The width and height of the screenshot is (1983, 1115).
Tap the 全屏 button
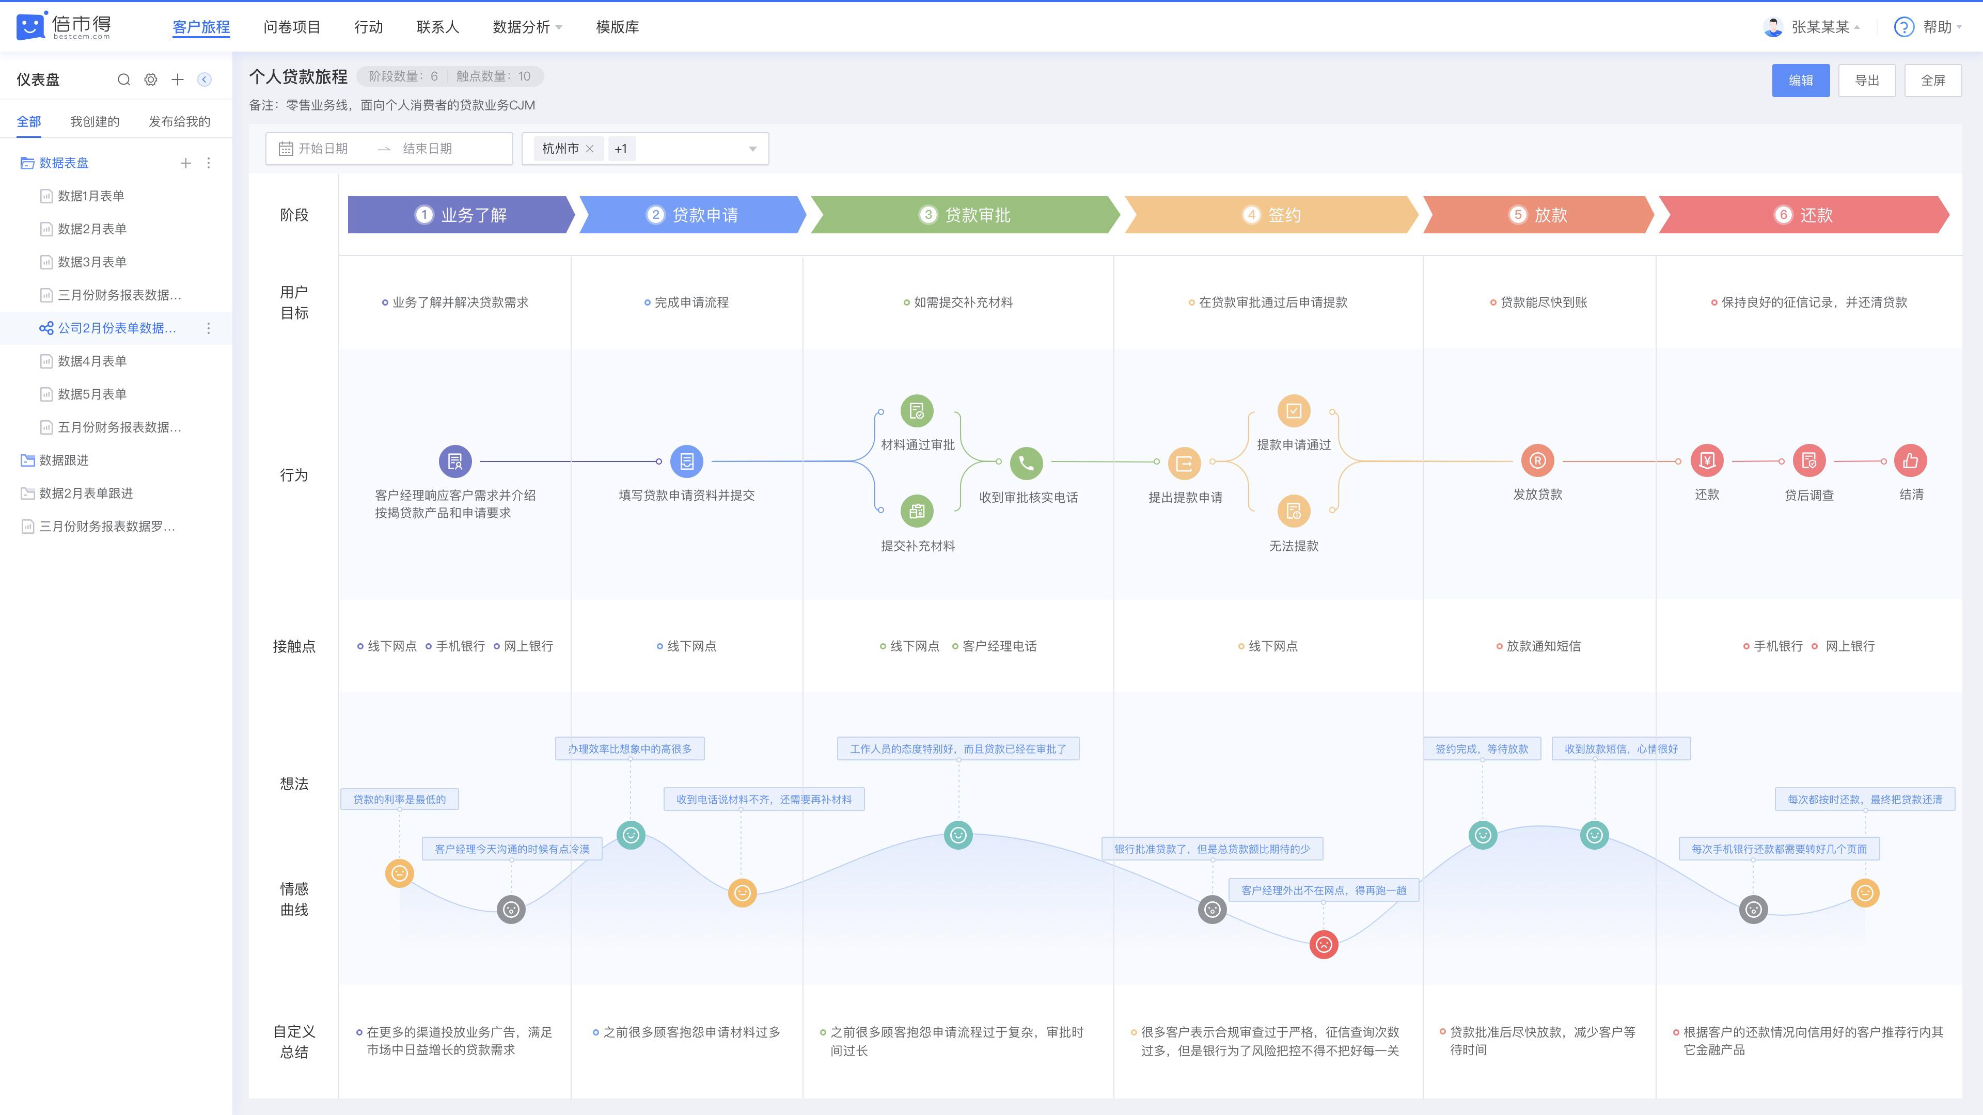tap(1932, 80)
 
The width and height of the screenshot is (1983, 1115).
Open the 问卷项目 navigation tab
tap(292, 27)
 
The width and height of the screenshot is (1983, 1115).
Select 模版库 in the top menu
tap(618, 27)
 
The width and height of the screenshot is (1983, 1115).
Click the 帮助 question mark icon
tap(1903, 27)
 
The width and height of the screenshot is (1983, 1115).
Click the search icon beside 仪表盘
tap(123, 79)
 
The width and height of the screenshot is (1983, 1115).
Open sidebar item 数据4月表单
tap(92, 361)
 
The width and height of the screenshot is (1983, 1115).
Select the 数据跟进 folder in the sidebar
tap(64, 460)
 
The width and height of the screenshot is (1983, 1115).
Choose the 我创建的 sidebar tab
tap(95, 122)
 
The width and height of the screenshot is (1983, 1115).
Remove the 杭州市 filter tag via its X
tap(590, 149)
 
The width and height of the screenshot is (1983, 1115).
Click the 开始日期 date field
tap(323, 149)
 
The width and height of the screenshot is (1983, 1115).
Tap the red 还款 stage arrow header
tap(1804, 215)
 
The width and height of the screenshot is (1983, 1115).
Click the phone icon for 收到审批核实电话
tap(1026, 463)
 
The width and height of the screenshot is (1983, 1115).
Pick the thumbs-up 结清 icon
tap(1911, 461)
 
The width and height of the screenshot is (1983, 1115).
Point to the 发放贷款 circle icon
tap(1537, 461)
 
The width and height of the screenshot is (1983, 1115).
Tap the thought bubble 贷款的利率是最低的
tap(400, 800)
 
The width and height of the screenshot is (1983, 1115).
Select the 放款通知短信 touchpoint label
tap(1544, 646)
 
